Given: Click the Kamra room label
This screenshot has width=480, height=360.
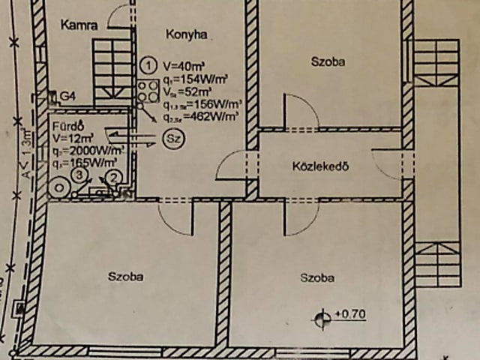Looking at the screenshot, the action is tap(79, 25).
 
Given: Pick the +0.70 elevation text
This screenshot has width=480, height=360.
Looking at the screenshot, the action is tap(350, 315).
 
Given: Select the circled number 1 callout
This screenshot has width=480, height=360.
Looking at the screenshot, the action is tap(148, 63).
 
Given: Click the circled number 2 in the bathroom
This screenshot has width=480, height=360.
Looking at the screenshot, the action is tap(113, 178).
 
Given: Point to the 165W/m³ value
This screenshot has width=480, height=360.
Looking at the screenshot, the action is tap(90, 161).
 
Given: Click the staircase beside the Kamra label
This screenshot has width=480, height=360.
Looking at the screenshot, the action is tap(112, 72).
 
